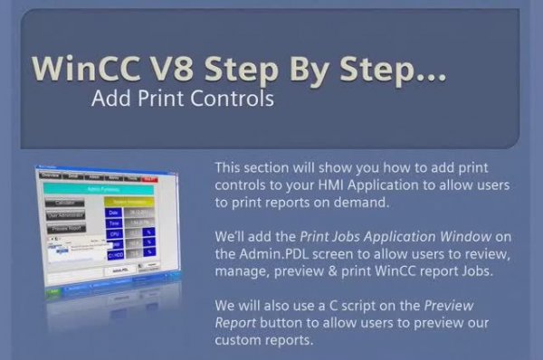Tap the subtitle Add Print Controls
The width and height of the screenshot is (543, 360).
[x=183, y=99]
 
